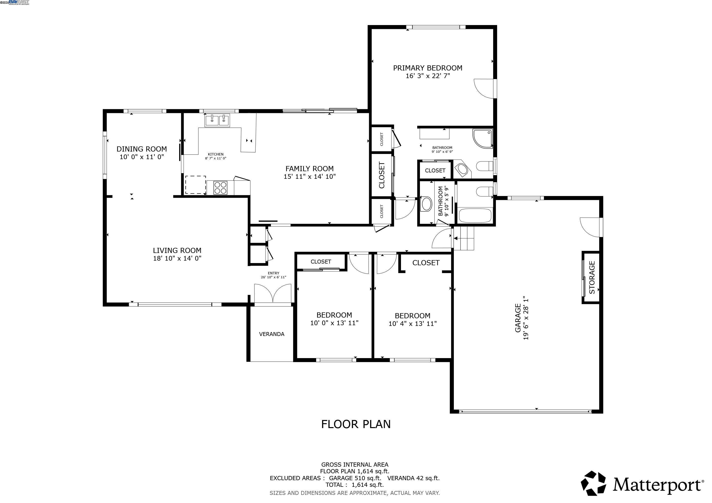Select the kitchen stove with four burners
pyautogui.click(x=221, y=188)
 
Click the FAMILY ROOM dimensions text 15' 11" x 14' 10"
pyautogui.click(x=310, y=177)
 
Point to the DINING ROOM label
pyautogui.click(x=142, y=149)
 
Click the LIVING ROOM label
pyautogui.click(x=177, y=251)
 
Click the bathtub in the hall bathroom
pyautogui.click(x=475, y=216)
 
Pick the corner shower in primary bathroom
pyautogui.click(x=482, y=139)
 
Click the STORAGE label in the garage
pyautogui.click(x=592, y=278)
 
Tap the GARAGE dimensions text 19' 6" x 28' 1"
pyautogui.click(x=526, y=319)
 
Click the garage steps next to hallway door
pyautogui.click(x=464, y=238)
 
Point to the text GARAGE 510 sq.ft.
pyautogui.click(x=355, y=478)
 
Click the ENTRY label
pyautogui.click(x=273, y=273)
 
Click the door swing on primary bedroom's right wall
pyautogui.click(x=485, y=89)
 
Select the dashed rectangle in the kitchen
pyautogui.click(x=195, y=185)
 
